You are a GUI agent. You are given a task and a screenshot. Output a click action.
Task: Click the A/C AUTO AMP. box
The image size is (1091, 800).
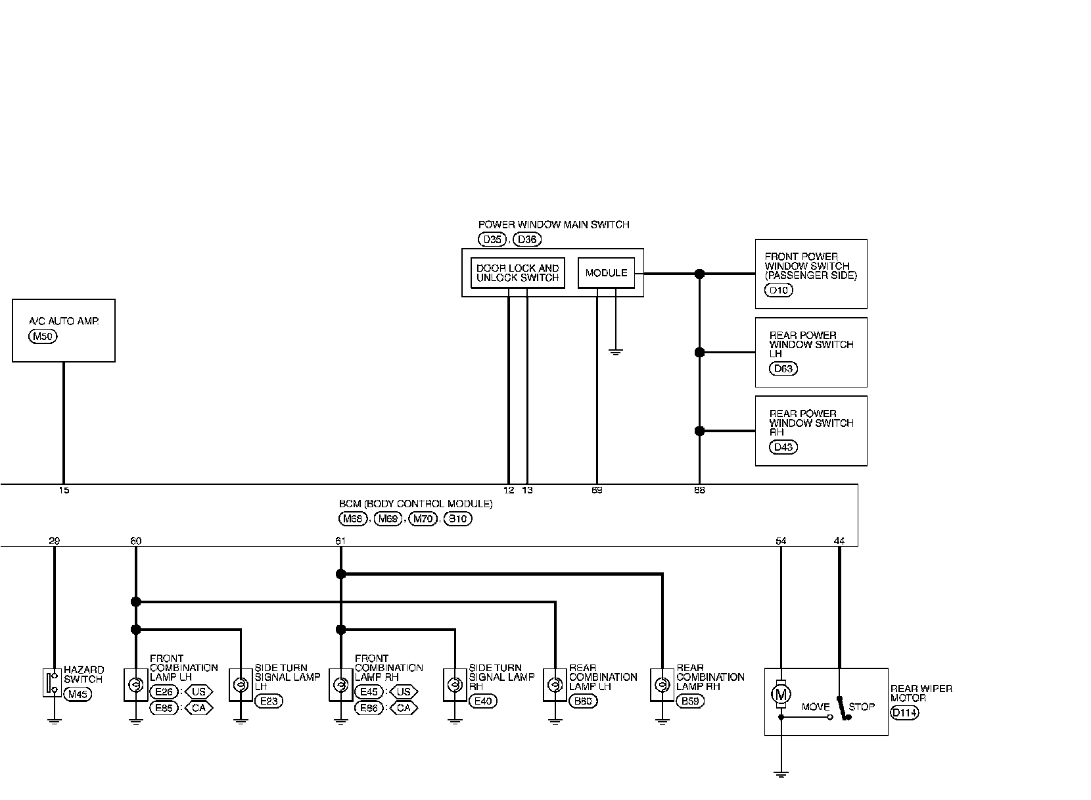coord(64,330)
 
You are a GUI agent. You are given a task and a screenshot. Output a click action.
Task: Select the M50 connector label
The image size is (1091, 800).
coord(43,337)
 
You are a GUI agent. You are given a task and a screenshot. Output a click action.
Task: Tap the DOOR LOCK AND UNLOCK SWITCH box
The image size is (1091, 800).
coord(518,273)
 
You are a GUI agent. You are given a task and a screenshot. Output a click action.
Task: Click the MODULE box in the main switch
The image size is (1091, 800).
coord(606,273)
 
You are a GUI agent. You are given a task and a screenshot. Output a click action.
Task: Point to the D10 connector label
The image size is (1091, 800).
coord(779,290)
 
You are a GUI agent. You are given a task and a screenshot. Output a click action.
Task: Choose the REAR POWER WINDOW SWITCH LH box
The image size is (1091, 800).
coord(811,352)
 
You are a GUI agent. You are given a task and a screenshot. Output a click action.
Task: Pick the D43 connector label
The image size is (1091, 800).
coord(783,447)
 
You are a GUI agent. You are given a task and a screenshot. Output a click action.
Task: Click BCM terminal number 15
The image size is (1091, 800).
coord(63,490)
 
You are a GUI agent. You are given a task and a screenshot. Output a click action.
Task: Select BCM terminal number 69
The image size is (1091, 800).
coord(597,490)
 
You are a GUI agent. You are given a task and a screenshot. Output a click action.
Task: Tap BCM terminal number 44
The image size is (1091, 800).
coord(839,541)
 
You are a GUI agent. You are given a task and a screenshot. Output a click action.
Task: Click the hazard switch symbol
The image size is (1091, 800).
coord(52,683)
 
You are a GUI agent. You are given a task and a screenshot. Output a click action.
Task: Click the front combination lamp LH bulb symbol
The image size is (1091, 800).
coord(135,686)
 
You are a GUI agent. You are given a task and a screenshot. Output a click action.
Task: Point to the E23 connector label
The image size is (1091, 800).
coord(269,701)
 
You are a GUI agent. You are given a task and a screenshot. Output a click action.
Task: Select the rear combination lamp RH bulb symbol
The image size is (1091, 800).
coord(662,686)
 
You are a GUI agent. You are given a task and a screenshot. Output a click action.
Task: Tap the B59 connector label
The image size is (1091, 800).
coord(690,701)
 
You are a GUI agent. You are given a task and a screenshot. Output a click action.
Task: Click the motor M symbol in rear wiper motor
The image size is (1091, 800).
coord(781,693)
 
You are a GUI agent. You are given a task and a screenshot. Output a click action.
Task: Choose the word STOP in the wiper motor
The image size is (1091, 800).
coord(861,707)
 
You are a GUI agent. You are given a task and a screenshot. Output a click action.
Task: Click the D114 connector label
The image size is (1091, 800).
coord(904,712)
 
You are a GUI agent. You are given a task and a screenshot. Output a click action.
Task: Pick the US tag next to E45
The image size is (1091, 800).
coord(404,692)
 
